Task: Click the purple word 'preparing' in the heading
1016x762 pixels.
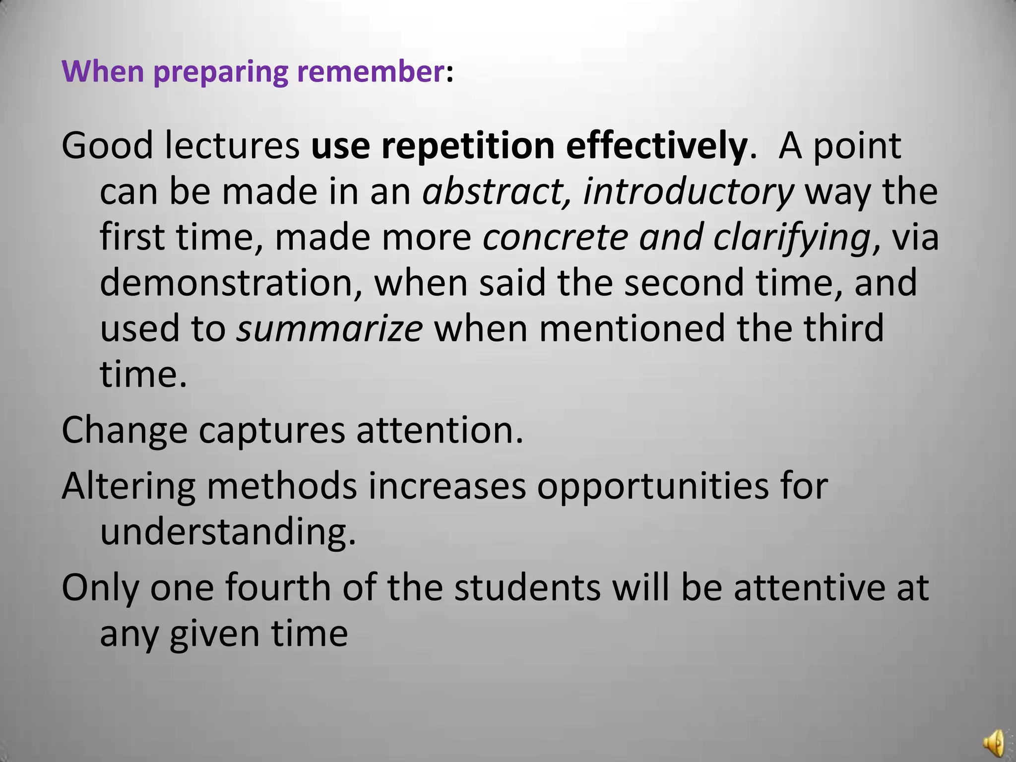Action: coord(220,72)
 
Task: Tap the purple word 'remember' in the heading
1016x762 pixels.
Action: coord(370,71)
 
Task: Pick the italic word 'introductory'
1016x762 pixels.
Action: coord(688,192)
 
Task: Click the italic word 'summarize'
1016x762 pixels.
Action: coord(329,328)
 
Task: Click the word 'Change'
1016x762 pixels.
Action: coord(125,431)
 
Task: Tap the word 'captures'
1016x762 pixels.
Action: coord(271,431)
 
